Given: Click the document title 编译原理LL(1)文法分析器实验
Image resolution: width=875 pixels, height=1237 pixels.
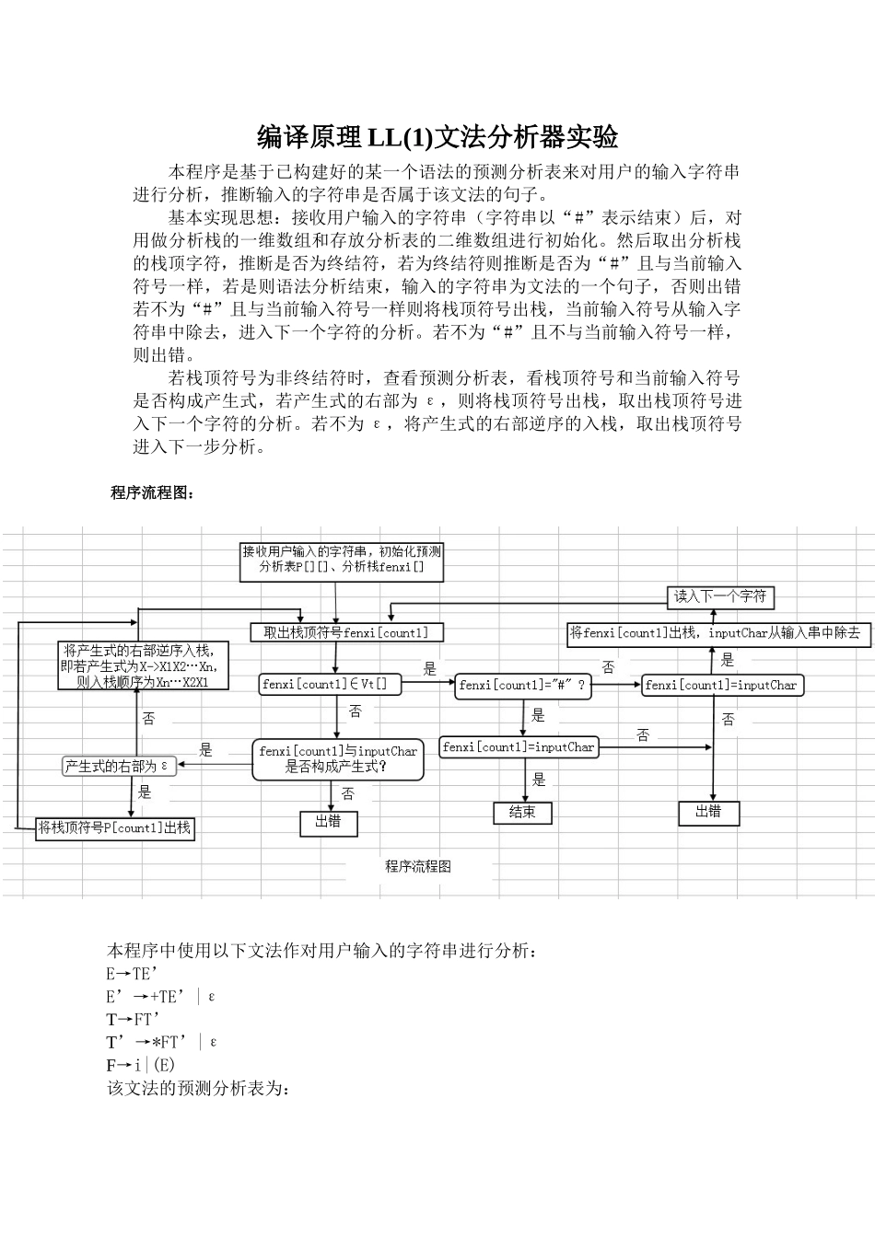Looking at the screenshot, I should (x=437, y=138).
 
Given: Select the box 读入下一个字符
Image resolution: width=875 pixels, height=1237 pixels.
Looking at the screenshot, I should (x=719, y=596).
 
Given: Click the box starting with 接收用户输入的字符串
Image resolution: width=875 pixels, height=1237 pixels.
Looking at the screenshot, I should (x=341, y=560).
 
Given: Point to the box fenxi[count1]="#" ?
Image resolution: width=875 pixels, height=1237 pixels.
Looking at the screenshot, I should (x=521, y=685).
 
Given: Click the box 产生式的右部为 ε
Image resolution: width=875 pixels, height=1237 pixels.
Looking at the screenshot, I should (x=117, y=766).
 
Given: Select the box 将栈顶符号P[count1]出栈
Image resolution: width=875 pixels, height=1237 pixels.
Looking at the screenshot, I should (x=115, y=828).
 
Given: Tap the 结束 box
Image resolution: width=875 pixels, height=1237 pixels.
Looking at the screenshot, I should (x=522, y=813).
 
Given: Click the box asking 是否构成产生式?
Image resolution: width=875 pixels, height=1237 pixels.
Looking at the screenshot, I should (x=337, y=759).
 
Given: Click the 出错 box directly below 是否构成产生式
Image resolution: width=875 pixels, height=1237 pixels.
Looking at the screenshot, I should (x=328, y=822).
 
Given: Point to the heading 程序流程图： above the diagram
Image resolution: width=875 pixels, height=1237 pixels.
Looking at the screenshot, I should (x=153, y=492).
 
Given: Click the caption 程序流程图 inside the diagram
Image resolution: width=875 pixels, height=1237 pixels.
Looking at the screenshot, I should (x=418, y=866).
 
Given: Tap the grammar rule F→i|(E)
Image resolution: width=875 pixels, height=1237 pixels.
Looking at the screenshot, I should (x=140, y=1065).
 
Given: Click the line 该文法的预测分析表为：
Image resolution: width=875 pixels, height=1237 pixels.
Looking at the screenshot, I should (x=199, y=1088).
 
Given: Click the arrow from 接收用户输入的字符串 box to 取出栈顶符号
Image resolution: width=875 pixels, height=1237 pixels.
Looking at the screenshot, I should (x=336, y=602).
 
